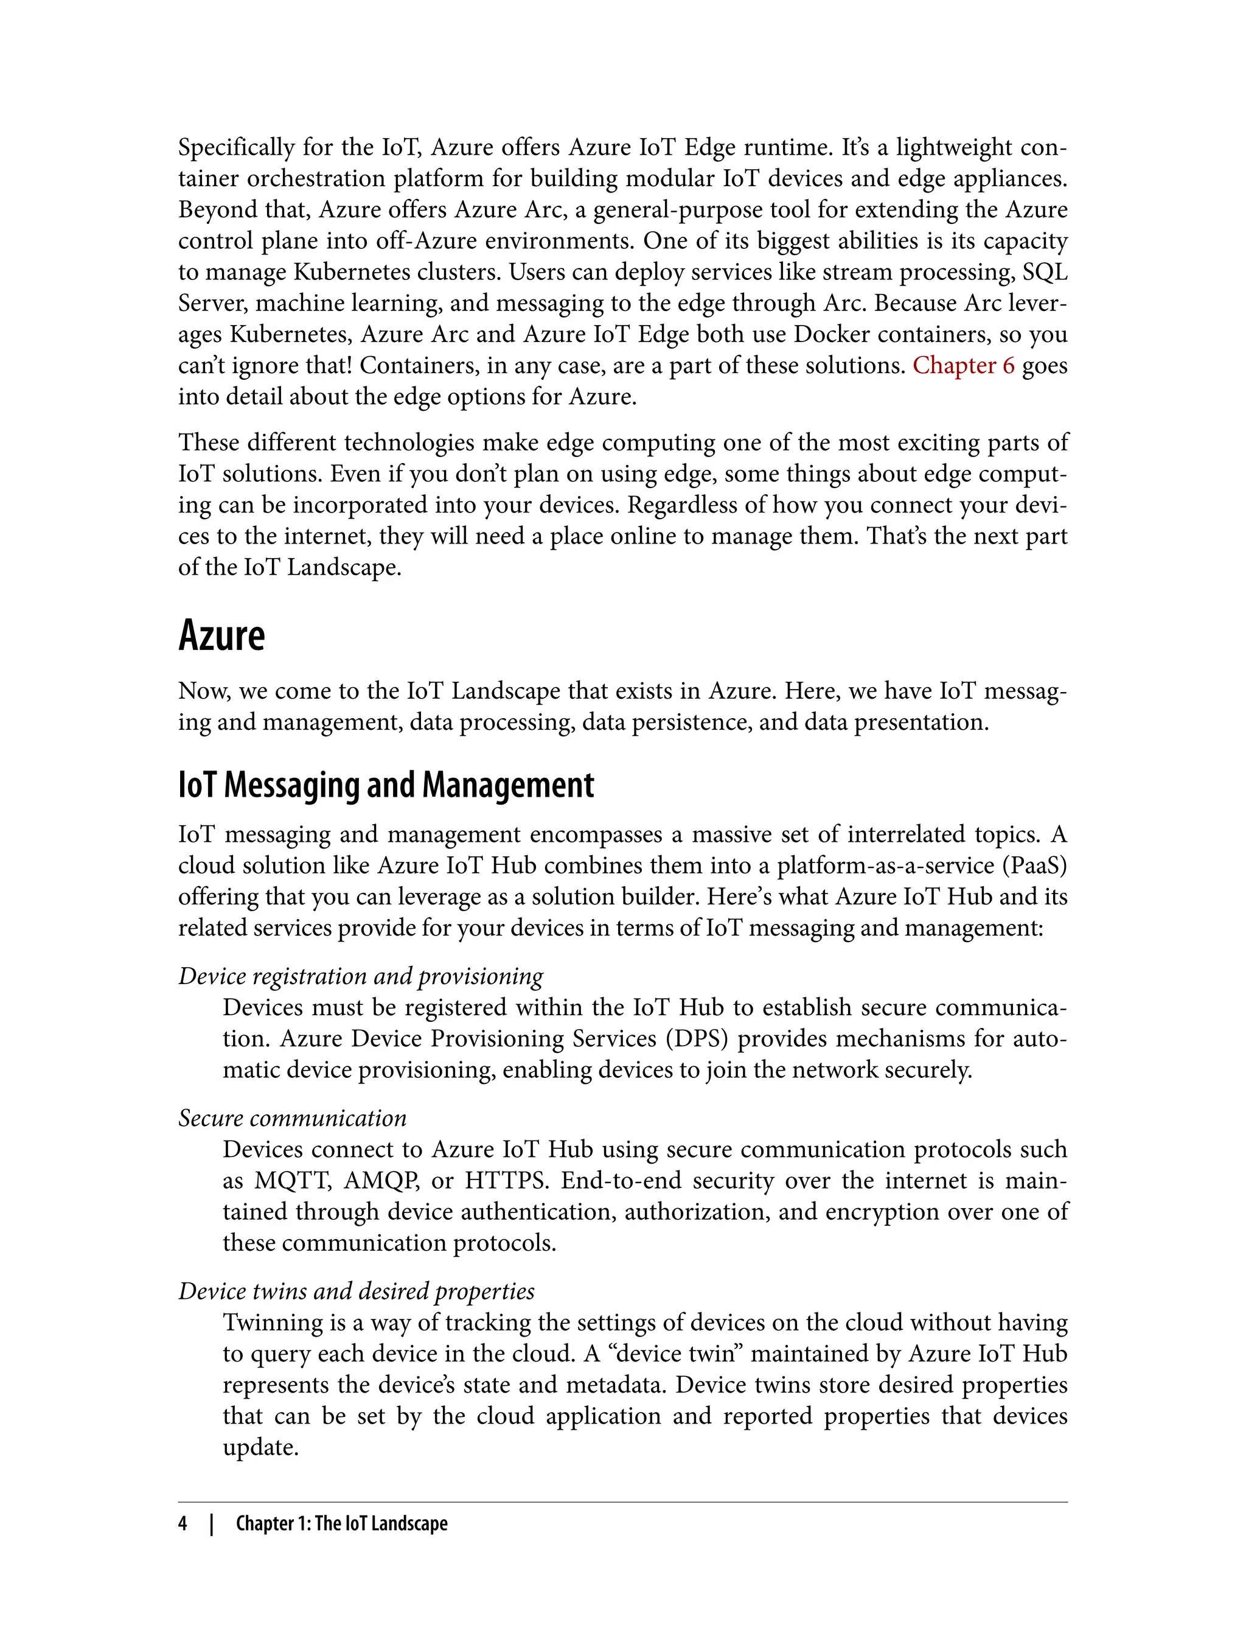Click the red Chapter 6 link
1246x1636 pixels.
tap(962, 366)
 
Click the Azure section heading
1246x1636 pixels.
tap(221, 636)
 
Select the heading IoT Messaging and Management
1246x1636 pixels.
tap(386, 785)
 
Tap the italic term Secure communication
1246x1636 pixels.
tap(292, 1118)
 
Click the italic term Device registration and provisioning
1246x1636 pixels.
tap(360, 976)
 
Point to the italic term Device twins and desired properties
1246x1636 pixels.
tap(356, 1291)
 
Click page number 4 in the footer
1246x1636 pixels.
tap(183, 1523)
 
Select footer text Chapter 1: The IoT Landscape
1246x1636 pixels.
tap(341, 1523)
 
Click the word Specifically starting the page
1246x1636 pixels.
tap(236, 149)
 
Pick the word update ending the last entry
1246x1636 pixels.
tap(260, 1447)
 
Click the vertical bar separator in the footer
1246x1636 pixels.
tap(212, 1523)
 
